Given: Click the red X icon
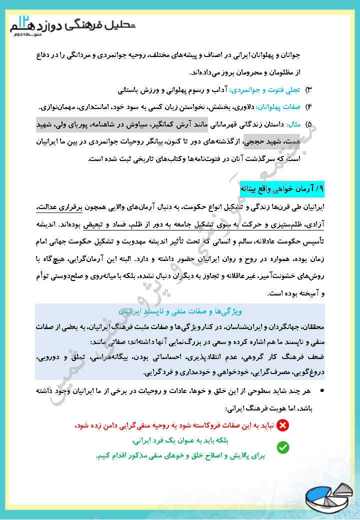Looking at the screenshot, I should [282, 425].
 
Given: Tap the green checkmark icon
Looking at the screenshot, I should [282, 446].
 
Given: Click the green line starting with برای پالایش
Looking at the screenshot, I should [177, 456].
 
